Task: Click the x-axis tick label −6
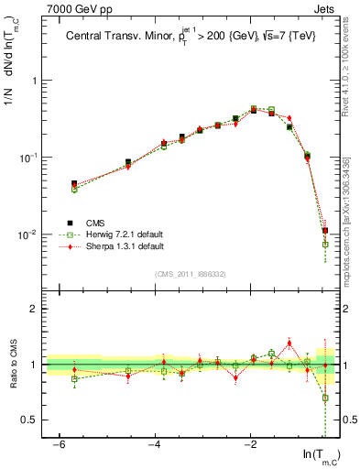59,444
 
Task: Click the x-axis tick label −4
155,444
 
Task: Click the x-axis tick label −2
251,444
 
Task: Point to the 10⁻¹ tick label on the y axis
31,158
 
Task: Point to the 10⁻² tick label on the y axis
31,235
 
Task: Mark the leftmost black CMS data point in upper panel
74,184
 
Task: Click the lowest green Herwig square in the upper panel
325,245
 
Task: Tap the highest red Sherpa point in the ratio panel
289,344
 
